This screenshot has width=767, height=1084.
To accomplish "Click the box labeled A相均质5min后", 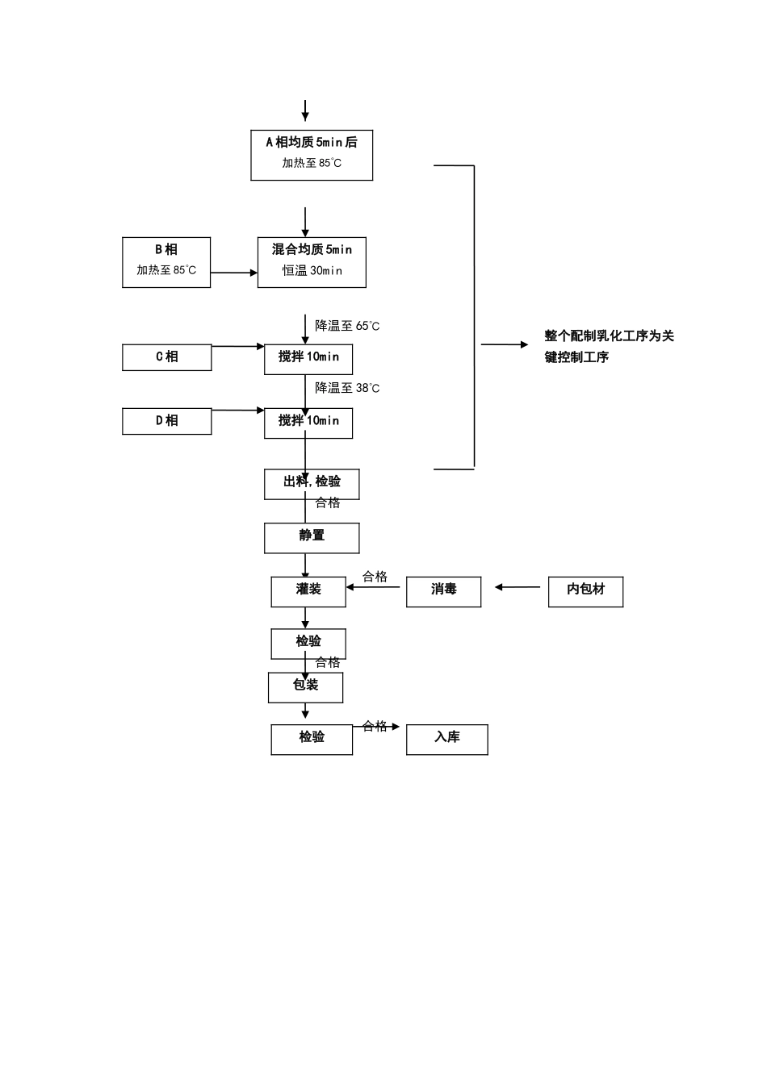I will [x=312, y=154].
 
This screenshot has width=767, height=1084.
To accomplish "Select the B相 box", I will [x=166, y=261].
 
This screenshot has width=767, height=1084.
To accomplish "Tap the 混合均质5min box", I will [x=312, y=261].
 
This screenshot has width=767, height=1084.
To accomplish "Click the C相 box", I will [x=166, y=357].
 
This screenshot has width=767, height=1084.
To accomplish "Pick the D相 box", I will [x=166, y=421].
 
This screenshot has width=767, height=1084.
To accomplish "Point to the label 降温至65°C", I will [x=347, y=326].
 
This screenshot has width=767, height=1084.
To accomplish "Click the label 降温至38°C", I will [x=347, y=388].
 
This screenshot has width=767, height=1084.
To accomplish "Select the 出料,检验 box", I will [x=312, y=483].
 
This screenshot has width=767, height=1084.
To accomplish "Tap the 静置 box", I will [x=312, y=537].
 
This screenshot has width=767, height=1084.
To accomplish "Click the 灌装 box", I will [x=308, y=591].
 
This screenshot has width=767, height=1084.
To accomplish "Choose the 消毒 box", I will [x=443, y=591].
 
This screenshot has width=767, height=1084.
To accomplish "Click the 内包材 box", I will [x=585, y=591].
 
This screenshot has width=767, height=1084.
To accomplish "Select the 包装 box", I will [x=305, y=686].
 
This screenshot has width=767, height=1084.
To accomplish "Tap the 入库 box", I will [x=446, y=739].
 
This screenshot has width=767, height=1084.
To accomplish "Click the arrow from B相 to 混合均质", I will [x=234, y=273].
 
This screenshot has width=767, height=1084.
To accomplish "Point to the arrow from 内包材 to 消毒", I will [x=518, y=587].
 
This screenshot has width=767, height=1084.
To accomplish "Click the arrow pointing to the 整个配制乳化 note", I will [x=505, y=344].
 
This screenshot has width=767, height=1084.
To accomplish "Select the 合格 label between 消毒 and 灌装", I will [x=375, y=576].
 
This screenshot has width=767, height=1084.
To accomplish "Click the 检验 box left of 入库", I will [x=312, y=739].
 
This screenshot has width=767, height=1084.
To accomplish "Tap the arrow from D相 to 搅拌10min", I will [x=238, y=411].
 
